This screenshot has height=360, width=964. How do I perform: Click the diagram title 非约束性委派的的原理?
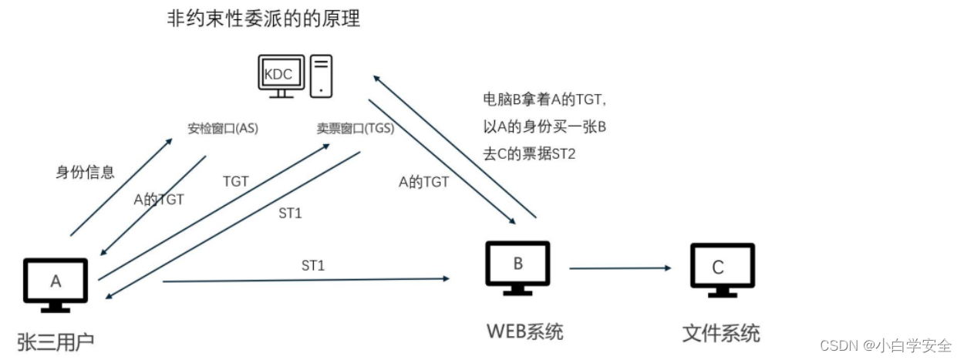(x=263, y=19)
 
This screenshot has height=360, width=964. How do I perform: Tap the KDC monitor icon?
(x=278, y=76)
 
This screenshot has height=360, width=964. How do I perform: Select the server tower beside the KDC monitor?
(x=321, y=76)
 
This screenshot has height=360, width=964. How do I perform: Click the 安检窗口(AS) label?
(x=223, y=128)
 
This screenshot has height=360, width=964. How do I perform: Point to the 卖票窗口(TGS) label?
(x=356, y=128)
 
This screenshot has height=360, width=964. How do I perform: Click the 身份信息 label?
(x=86, y=172)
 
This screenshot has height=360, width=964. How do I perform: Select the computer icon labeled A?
(x=56, y=284)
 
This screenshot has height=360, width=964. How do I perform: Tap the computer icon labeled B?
(x=517, y=267)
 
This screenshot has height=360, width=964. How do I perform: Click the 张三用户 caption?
(x=56, y=340)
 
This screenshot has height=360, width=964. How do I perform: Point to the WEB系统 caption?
(x=524, y=331)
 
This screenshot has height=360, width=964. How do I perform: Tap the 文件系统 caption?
(x=721, y=333)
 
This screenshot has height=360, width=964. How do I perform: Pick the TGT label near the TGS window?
(x=235, y=181)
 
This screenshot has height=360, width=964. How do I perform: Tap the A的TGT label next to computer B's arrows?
(x=423, y=182)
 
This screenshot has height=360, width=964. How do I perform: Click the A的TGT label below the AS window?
(x=159, y=200)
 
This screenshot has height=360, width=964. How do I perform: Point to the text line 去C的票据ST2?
(x=529, y=154)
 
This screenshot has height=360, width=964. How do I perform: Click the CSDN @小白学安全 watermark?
(x=885, y=345)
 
